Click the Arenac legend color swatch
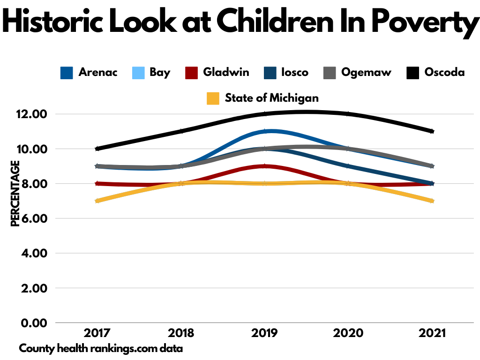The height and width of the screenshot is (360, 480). tap(67, 73)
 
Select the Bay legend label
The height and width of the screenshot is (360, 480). tap(160, 73)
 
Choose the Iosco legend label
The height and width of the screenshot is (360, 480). tap(295, 73)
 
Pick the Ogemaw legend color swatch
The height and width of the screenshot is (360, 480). tap(330, 73)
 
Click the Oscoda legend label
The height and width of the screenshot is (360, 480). tap(444, 73)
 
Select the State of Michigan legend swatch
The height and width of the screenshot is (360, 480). tap(213, 98)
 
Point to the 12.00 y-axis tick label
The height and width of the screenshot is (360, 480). tap(31, 114)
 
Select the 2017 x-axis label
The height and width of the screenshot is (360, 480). tap(97, 334)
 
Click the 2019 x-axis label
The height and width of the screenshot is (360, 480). tap(265, 334)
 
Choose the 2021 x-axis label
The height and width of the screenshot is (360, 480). tap(432, 334)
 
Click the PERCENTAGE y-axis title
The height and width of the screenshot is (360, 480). tap(15, 194)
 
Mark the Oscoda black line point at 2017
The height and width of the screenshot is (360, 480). tap(97, 149)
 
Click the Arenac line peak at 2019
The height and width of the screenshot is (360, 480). tap(265, 131)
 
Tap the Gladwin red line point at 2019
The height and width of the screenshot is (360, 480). tap(265, 166)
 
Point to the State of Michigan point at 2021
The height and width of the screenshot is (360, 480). tap(432, 201)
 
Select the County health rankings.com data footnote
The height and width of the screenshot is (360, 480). tap(101, 349)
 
